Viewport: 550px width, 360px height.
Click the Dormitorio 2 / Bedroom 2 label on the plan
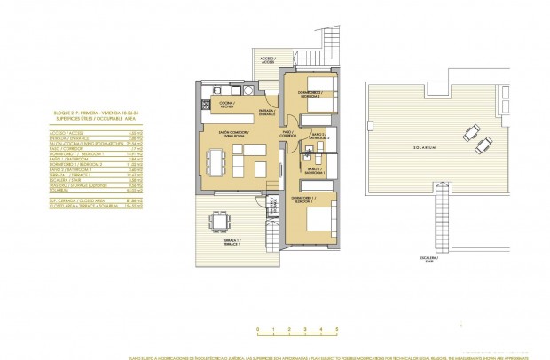(308, 94)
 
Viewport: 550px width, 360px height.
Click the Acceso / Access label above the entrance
(267, 60)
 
